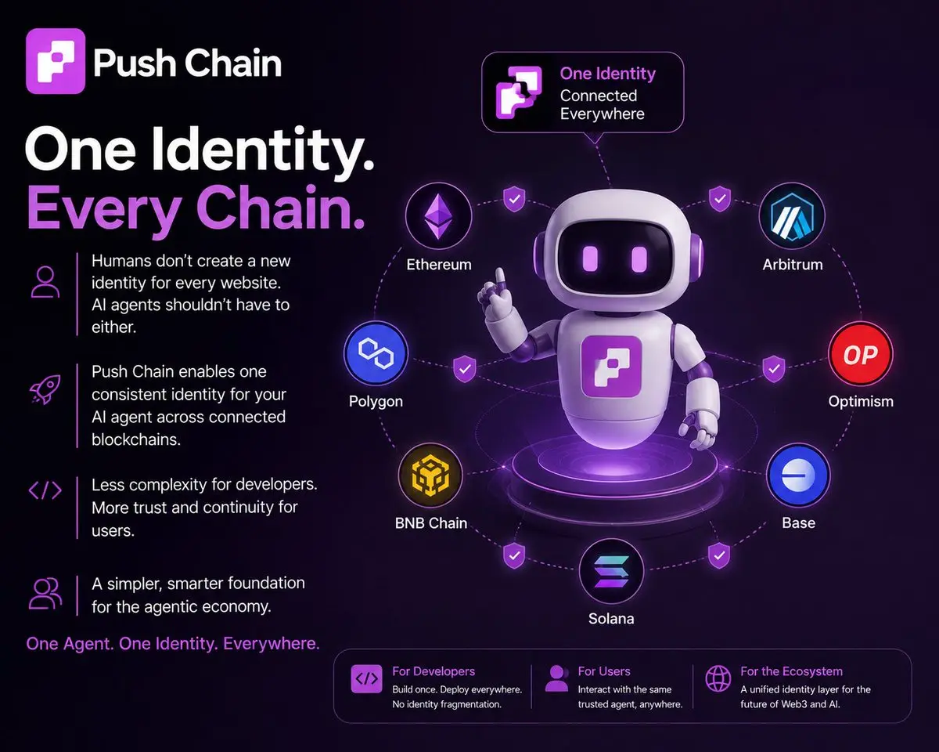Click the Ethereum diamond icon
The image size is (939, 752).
438,217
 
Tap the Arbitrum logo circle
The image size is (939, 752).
792,217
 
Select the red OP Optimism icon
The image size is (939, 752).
861,354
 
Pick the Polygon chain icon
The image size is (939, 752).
376,353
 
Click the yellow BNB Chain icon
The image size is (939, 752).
430,475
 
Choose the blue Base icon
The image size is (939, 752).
798,475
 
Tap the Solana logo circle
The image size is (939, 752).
611,571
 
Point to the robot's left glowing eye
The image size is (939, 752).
590,258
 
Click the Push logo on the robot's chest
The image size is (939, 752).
612,367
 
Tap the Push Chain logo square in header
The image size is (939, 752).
56,61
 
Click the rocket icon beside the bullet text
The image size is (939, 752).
45,389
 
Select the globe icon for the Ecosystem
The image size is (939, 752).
718,678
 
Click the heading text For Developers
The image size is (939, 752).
434,671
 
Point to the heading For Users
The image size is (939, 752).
604,671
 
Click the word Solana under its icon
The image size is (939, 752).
611,619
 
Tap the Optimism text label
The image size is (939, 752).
861,401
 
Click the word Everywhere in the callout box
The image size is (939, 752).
603,114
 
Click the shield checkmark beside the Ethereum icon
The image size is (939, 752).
514,199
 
